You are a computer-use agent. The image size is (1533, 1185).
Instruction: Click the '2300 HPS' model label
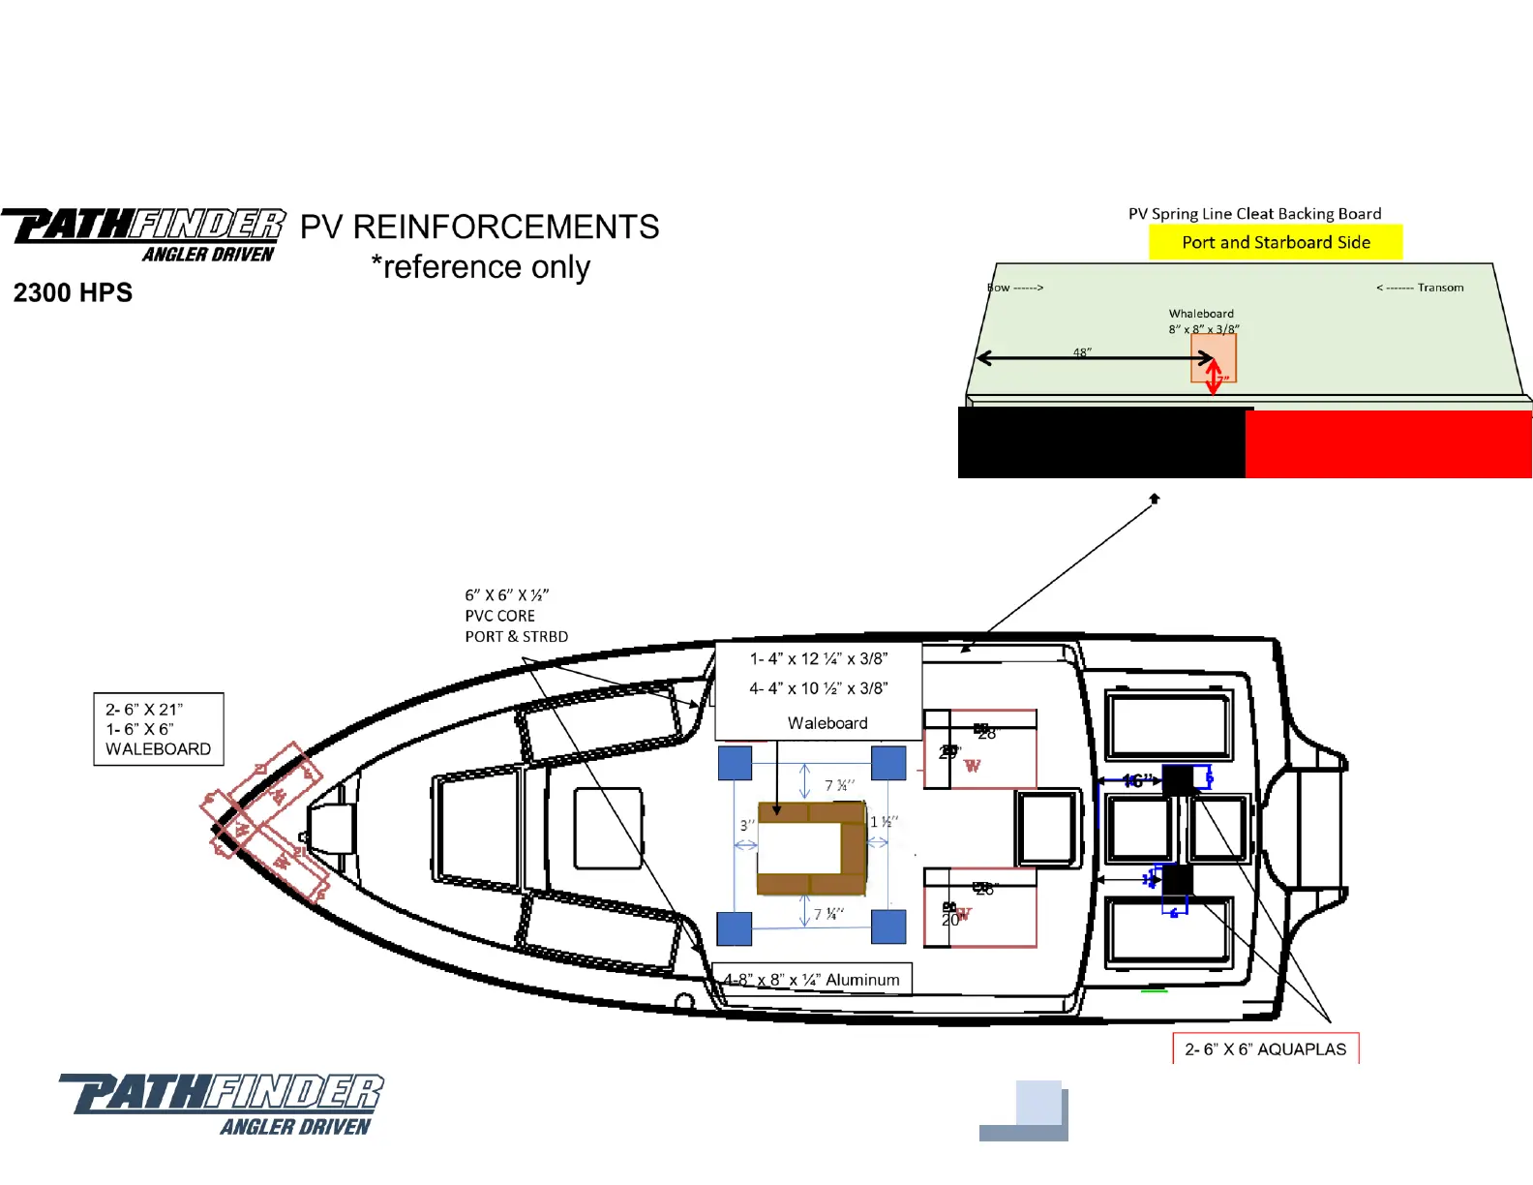tap(73, 292)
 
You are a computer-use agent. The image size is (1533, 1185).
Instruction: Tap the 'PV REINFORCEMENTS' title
tap(479, 227)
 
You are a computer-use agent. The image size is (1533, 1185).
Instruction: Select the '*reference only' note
tap(480, 266)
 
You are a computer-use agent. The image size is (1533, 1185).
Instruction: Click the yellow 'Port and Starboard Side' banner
tap(1276, 242)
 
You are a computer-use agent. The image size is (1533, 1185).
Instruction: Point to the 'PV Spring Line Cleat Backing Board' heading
tap(1254, 214)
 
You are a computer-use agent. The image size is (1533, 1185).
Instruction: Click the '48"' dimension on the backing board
tap(1082, 352)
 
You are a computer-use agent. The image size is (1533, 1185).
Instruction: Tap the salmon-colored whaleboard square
tap(1213, 359)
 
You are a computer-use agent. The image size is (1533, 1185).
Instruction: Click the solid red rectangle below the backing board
tap(1388, 443)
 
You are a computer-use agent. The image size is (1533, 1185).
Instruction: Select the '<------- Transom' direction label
tap(1420, 288)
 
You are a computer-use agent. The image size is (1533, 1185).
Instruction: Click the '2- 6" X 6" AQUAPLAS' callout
tap(1265, 1048)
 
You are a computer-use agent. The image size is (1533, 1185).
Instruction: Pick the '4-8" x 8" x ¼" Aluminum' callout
tap(812, 980)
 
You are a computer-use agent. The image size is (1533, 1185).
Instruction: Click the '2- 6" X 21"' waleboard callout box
tap(158, 729)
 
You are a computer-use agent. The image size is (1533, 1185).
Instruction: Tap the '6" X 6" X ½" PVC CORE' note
tap(516, 616)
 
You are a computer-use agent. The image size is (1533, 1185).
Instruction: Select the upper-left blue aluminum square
tap(735, 762)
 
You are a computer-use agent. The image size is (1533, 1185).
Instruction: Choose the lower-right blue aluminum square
tap(888, 927)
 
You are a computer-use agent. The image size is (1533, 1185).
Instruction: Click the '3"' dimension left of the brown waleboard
tap(746, 825)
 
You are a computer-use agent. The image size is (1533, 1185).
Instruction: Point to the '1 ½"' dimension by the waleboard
tap(884, 822)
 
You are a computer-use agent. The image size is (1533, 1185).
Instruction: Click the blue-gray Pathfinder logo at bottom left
tap(222, 1104)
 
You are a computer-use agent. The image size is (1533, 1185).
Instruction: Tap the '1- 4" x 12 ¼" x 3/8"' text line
tap(818, 658)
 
